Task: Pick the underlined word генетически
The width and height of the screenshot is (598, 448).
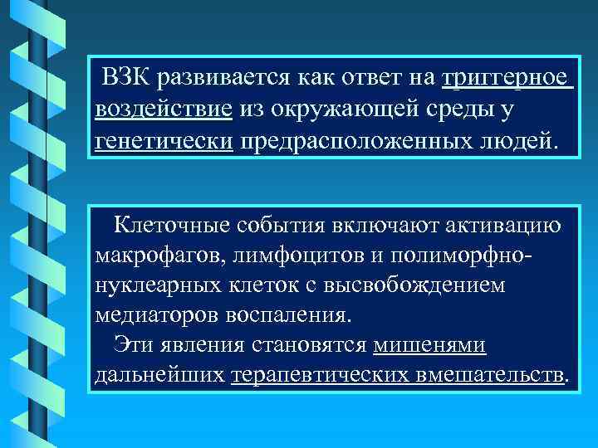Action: [x=164, y=139]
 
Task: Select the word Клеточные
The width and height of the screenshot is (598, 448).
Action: [x=169, y=223]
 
